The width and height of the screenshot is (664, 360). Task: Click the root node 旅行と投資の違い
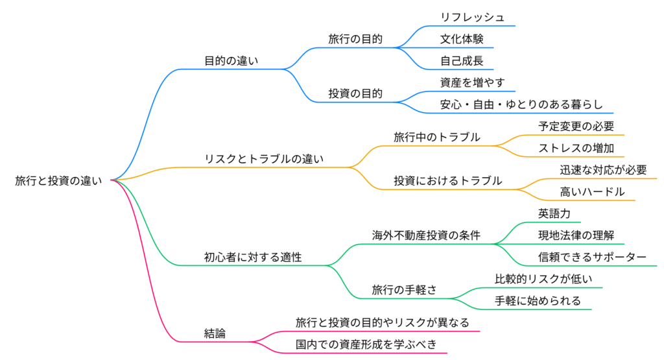(59, 181)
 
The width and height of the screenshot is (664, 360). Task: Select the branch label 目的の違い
(231, 61)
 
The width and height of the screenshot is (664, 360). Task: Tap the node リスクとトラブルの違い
(264, 159)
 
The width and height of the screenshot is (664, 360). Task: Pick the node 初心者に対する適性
(253, 258)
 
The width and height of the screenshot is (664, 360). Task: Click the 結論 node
(215, 333)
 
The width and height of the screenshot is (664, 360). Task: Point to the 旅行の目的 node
(355, 39)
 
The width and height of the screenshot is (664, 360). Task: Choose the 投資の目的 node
(355, 93)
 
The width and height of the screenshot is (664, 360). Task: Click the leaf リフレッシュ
(472, 18)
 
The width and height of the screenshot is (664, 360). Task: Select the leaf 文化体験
(462, 39)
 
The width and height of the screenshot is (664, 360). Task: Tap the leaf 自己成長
(462, 61)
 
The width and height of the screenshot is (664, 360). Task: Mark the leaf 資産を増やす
(472, 82)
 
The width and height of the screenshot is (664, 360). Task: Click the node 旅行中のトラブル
(437, 137)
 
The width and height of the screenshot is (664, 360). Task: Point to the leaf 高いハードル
(592, 192)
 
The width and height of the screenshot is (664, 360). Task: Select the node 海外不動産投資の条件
(426, 235)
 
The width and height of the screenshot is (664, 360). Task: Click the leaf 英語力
(554, 213)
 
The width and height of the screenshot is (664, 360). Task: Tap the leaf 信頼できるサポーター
(592, 258)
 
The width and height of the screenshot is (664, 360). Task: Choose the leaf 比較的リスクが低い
(543, 279)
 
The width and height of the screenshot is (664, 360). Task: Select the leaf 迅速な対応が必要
(603, 170)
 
